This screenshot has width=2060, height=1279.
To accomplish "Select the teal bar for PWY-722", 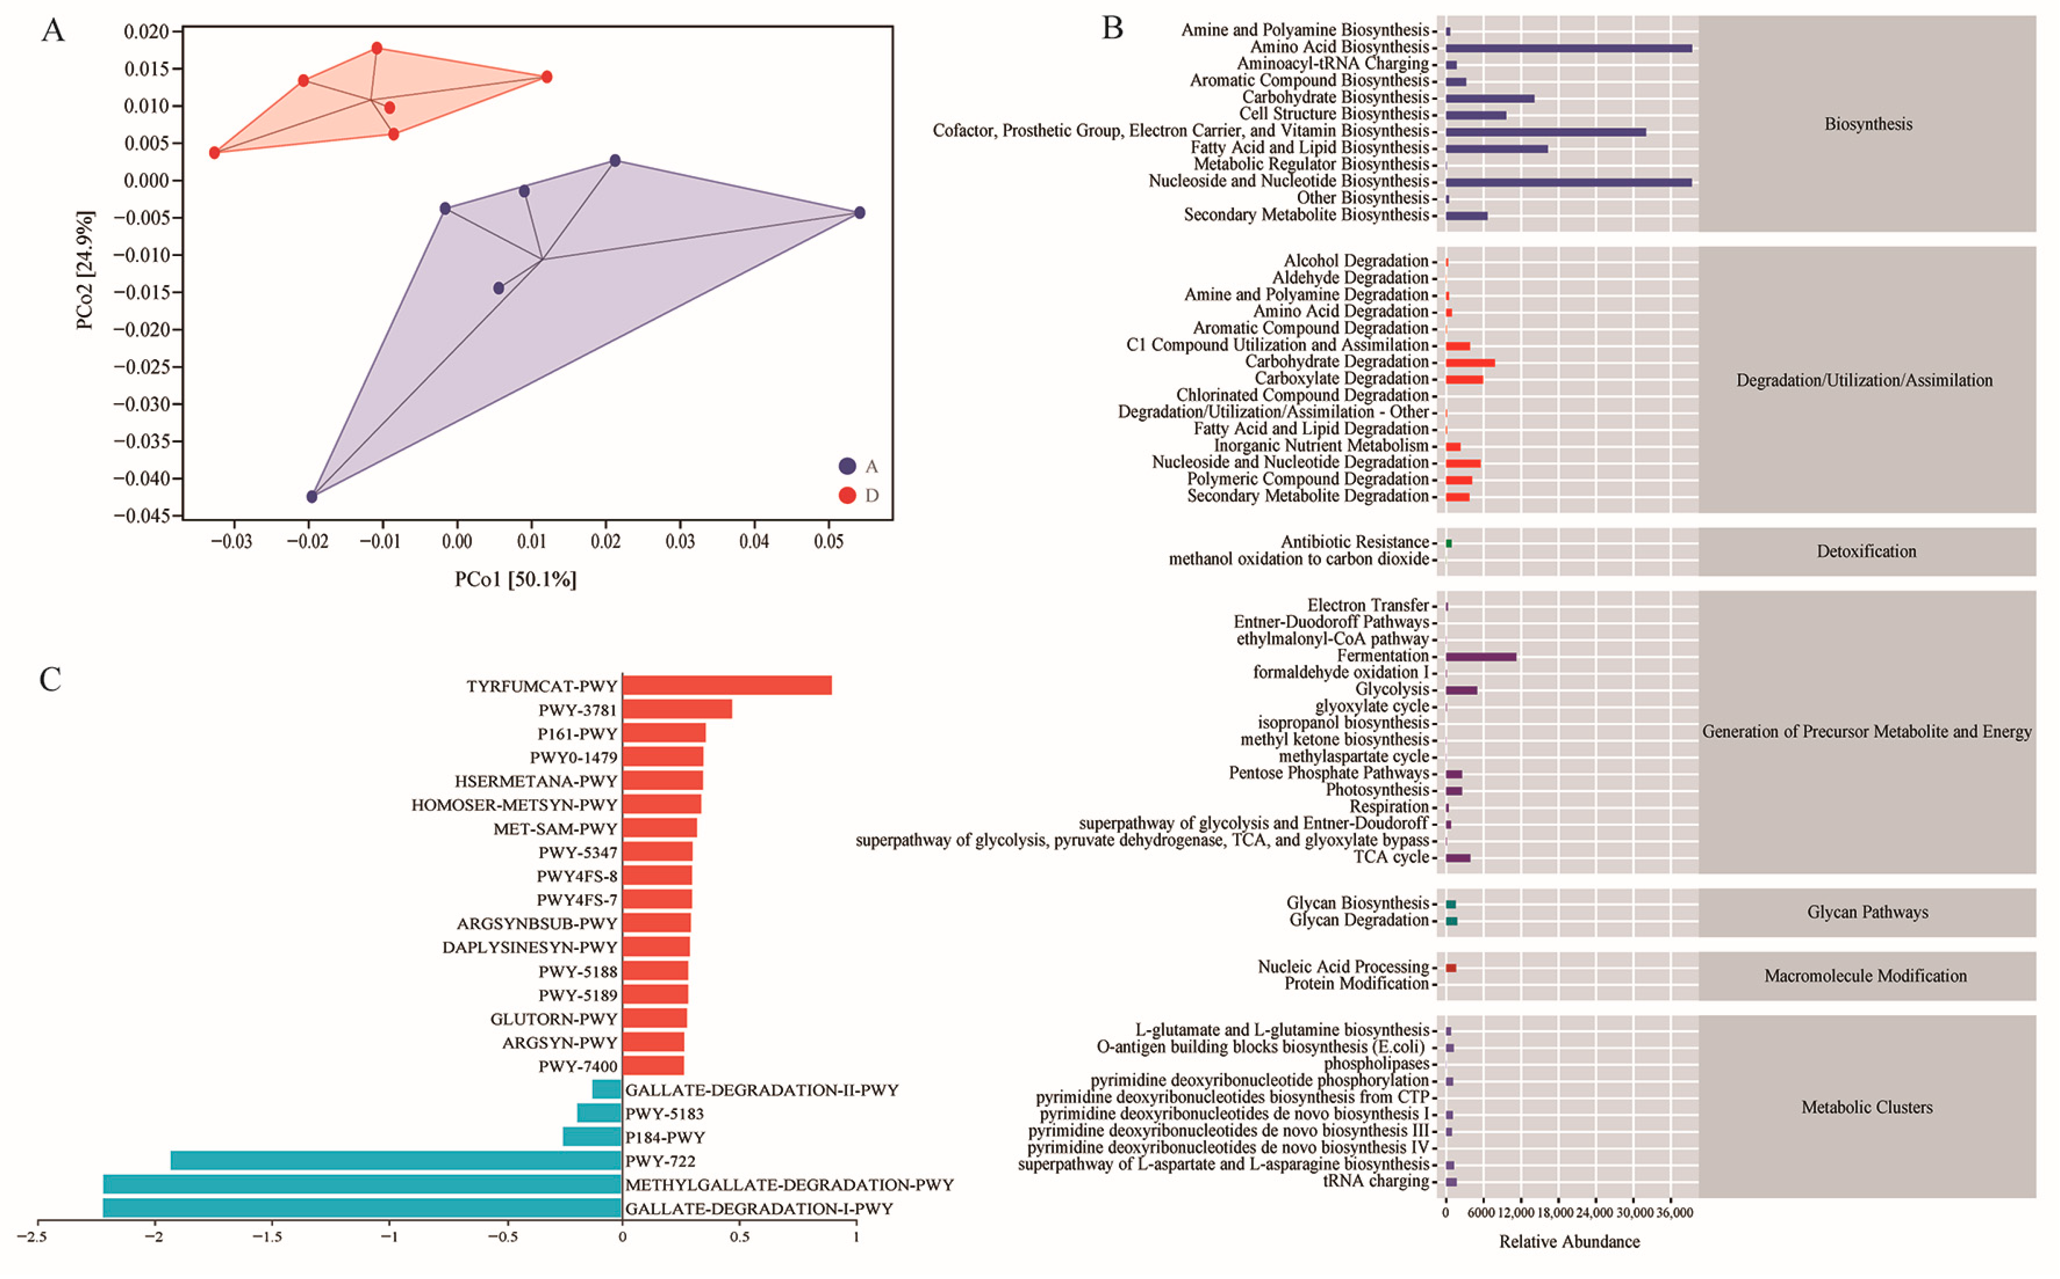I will click(396, 1160).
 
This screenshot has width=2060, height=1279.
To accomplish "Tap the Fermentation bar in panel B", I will click(1480, 656).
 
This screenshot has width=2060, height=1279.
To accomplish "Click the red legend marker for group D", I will click(847, 495).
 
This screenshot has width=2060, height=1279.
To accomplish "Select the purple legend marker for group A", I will click(847, 466).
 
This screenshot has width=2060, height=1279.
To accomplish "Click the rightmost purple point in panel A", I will click(860, 213).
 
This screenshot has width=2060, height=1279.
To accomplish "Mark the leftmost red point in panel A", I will click(215, 153).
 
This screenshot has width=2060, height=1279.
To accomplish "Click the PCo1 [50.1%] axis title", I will click(515, 579).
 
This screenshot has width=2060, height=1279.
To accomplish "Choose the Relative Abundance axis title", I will click(1569, 1242).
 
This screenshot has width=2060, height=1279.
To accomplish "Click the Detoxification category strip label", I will click(1866, 551).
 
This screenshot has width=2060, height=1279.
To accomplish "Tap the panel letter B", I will click(1112, 29).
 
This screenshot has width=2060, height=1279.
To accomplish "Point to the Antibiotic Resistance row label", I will click(1353, 542).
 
